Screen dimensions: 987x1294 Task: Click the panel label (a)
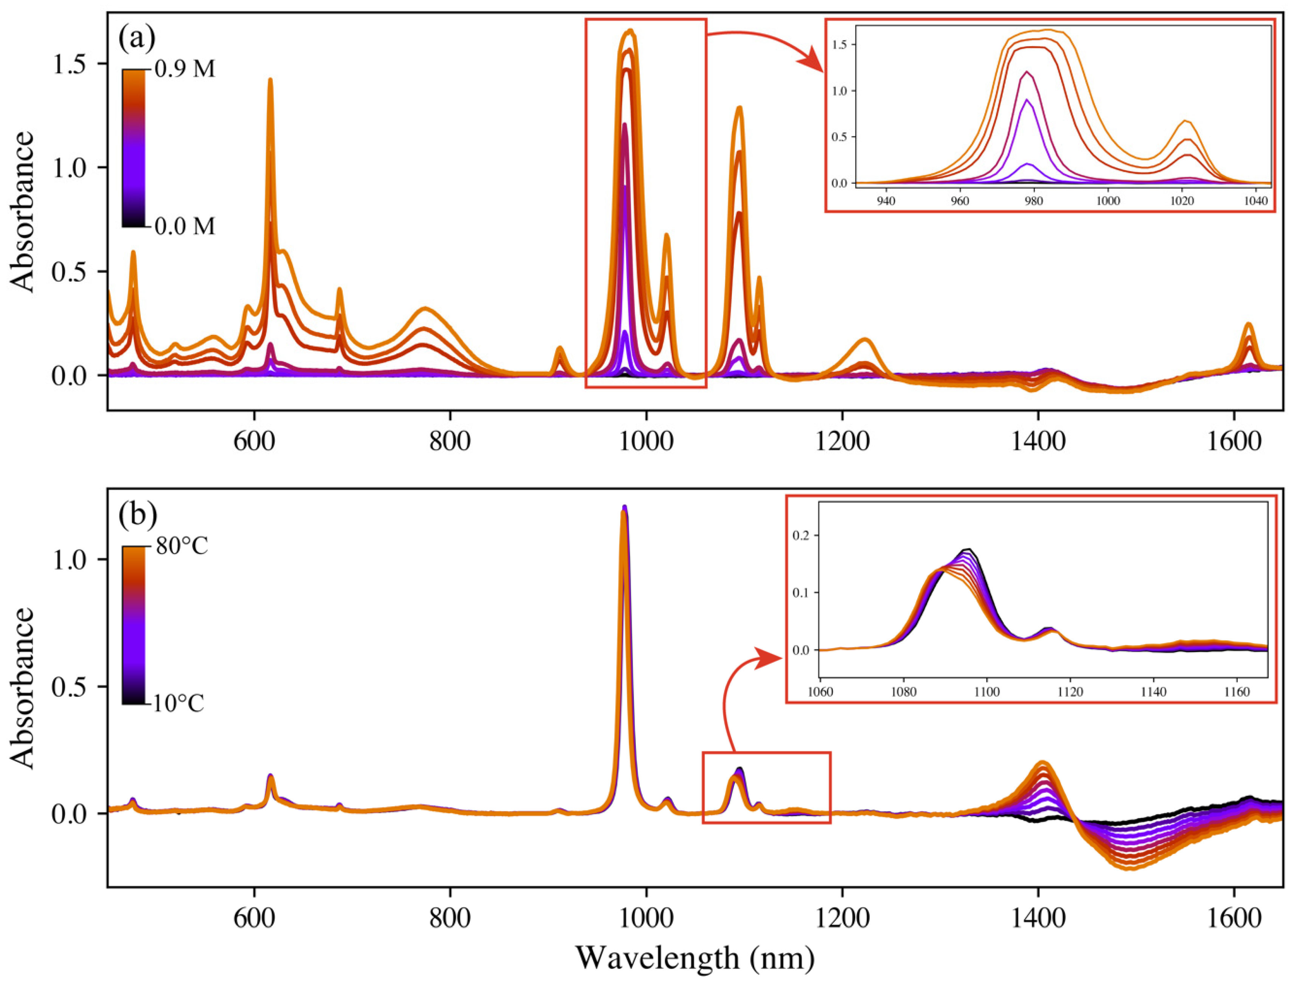[137, 39]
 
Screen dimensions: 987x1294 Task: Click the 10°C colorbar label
[179, 703]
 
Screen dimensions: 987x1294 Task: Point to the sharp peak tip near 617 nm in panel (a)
[270, 79]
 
